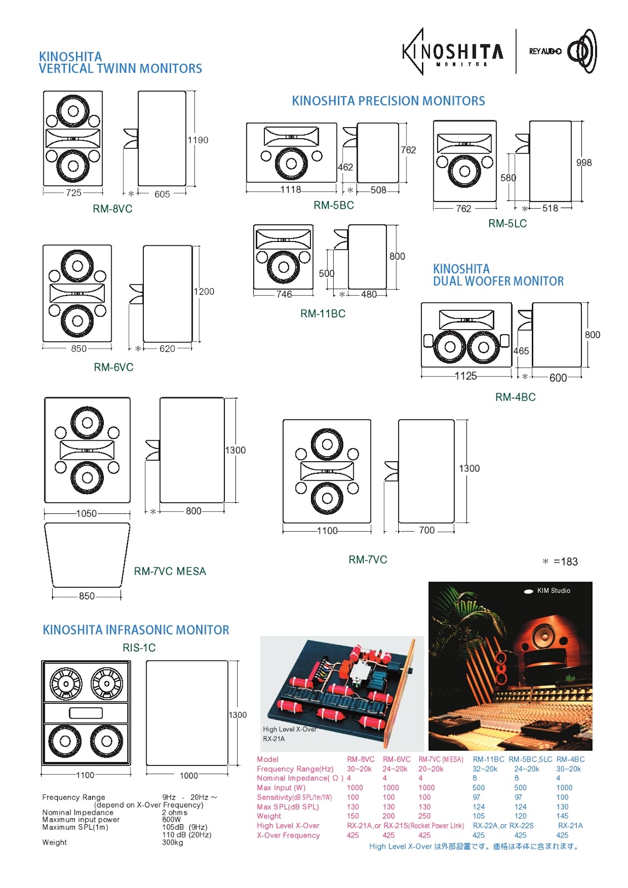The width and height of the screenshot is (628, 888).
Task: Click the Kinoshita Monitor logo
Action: (453, 52)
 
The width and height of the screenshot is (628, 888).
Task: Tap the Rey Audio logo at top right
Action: (562, 51)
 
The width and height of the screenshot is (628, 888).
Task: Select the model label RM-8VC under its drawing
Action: (113, 209)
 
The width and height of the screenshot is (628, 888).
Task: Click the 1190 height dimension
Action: (198, 140)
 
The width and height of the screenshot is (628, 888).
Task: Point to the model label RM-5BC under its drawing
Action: (334, 205)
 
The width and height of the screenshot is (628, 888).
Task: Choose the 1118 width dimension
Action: (290, 190)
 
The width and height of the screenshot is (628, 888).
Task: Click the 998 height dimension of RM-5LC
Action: (584, 163)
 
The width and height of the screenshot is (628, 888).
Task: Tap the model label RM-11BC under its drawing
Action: (323, 314)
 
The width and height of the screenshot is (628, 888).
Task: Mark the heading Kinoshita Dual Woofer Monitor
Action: (498, 275)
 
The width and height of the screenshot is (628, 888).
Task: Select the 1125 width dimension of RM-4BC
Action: (465, 376)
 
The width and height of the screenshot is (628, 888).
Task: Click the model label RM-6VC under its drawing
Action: (114, 367)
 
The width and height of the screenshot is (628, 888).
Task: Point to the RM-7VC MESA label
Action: (170, 571)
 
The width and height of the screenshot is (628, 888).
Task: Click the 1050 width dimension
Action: (87, 513)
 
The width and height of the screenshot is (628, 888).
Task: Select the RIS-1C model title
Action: (139, 648)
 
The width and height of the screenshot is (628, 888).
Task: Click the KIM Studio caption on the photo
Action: (553, 591)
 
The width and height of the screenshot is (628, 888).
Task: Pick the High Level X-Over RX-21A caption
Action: (289, 734)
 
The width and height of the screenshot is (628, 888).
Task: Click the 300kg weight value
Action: (172, 842)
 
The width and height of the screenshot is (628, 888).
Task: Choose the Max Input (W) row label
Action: (281, 788)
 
